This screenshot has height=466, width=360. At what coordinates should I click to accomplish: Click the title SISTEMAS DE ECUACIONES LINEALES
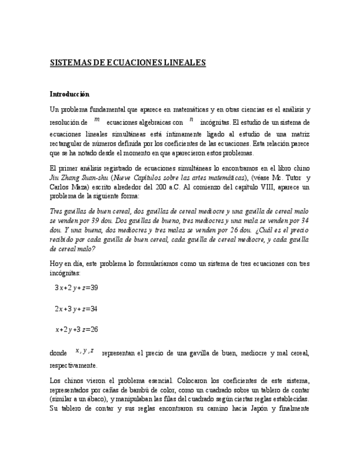(x=128, y=63)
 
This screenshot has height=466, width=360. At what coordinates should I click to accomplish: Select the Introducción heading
(x=69, y=94)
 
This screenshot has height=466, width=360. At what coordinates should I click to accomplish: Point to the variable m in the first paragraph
(x=97, y=119)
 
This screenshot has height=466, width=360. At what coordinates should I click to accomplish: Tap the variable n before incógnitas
(x=191, y=119)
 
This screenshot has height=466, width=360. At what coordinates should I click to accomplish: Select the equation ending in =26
(x=76, y=329)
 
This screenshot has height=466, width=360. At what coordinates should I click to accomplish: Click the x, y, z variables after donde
(x=84, y=351)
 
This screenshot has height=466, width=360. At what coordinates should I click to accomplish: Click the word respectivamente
(x=74, y=365)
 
